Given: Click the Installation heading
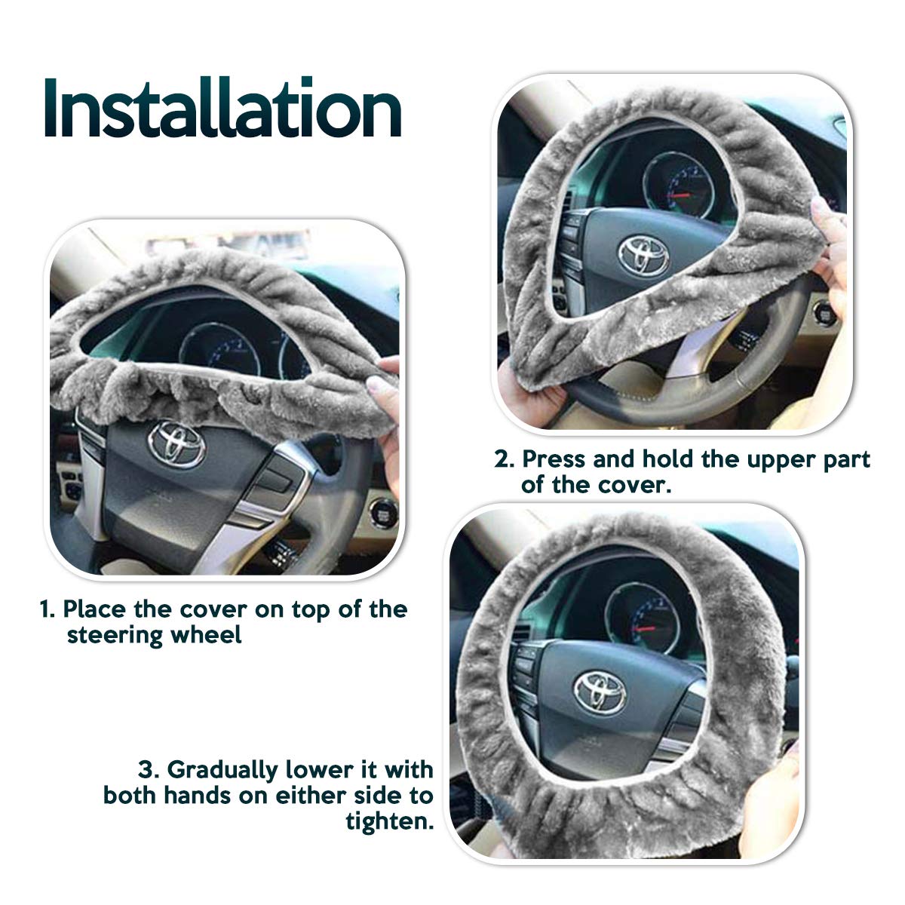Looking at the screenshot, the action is (222, 108).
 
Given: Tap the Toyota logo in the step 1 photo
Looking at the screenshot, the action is (176, 444).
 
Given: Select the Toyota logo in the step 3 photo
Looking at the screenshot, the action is (600, 692).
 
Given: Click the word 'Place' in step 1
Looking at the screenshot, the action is (94, 610).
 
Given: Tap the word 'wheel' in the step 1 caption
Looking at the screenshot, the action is (206, 635).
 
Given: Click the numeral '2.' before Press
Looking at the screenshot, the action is (505, 460).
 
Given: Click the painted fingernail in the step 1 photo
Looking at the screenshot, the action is (374, 384).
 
